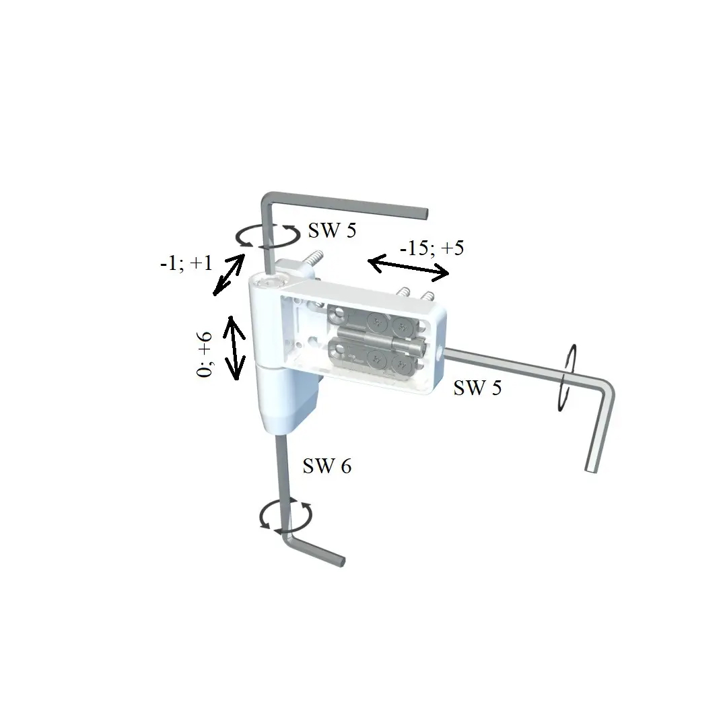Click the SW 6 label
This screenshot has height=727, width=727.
pos(327,466)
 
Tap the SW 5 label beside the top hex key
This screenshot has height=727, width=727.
pos(332,230)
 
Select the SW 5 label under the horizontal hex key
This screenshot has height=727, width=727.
pos(477,388)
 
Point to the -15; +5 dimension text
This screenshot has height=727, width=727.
pos(431,248)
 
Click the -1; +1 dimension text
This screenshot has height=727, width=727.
pos(186,263)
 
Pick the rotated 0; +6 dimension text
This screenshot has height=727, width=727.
pos(205,355)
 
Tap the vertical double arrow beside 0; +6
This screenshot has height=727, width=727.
pos(235,347)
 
